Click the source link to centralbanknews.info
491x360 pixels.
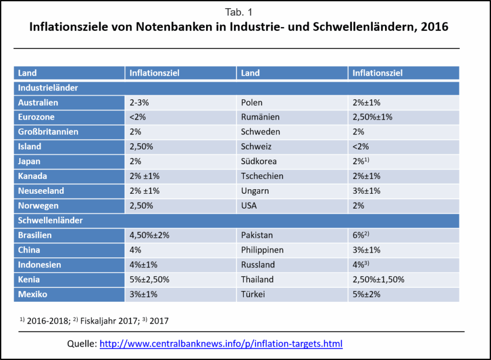click(220, 344)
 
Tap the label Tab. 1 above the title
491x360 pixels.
click(238, 12)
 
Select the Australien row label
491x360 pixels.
click(38, 103)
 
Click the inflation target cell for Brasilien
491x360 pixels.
click(149, 236)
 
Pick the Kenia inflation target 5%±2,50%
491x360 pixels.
click(149, 280)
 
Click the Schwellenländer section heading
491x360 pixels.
click(50, 221)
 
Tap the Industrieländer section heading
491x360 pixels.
click(48, 88)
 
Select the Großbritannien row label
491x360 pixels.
click(48, 132)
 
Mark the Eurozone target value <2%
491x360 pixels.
click(138, 117)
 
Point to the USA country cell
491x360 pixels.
click(250, 206)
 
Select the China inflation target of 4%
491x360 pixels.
click(136, 251)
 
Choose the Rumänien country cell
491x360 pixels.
click(260, 117)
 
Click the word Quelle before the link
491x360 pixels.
click(82, 344)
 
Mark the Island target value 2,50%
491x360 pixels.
click(141, 147)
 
